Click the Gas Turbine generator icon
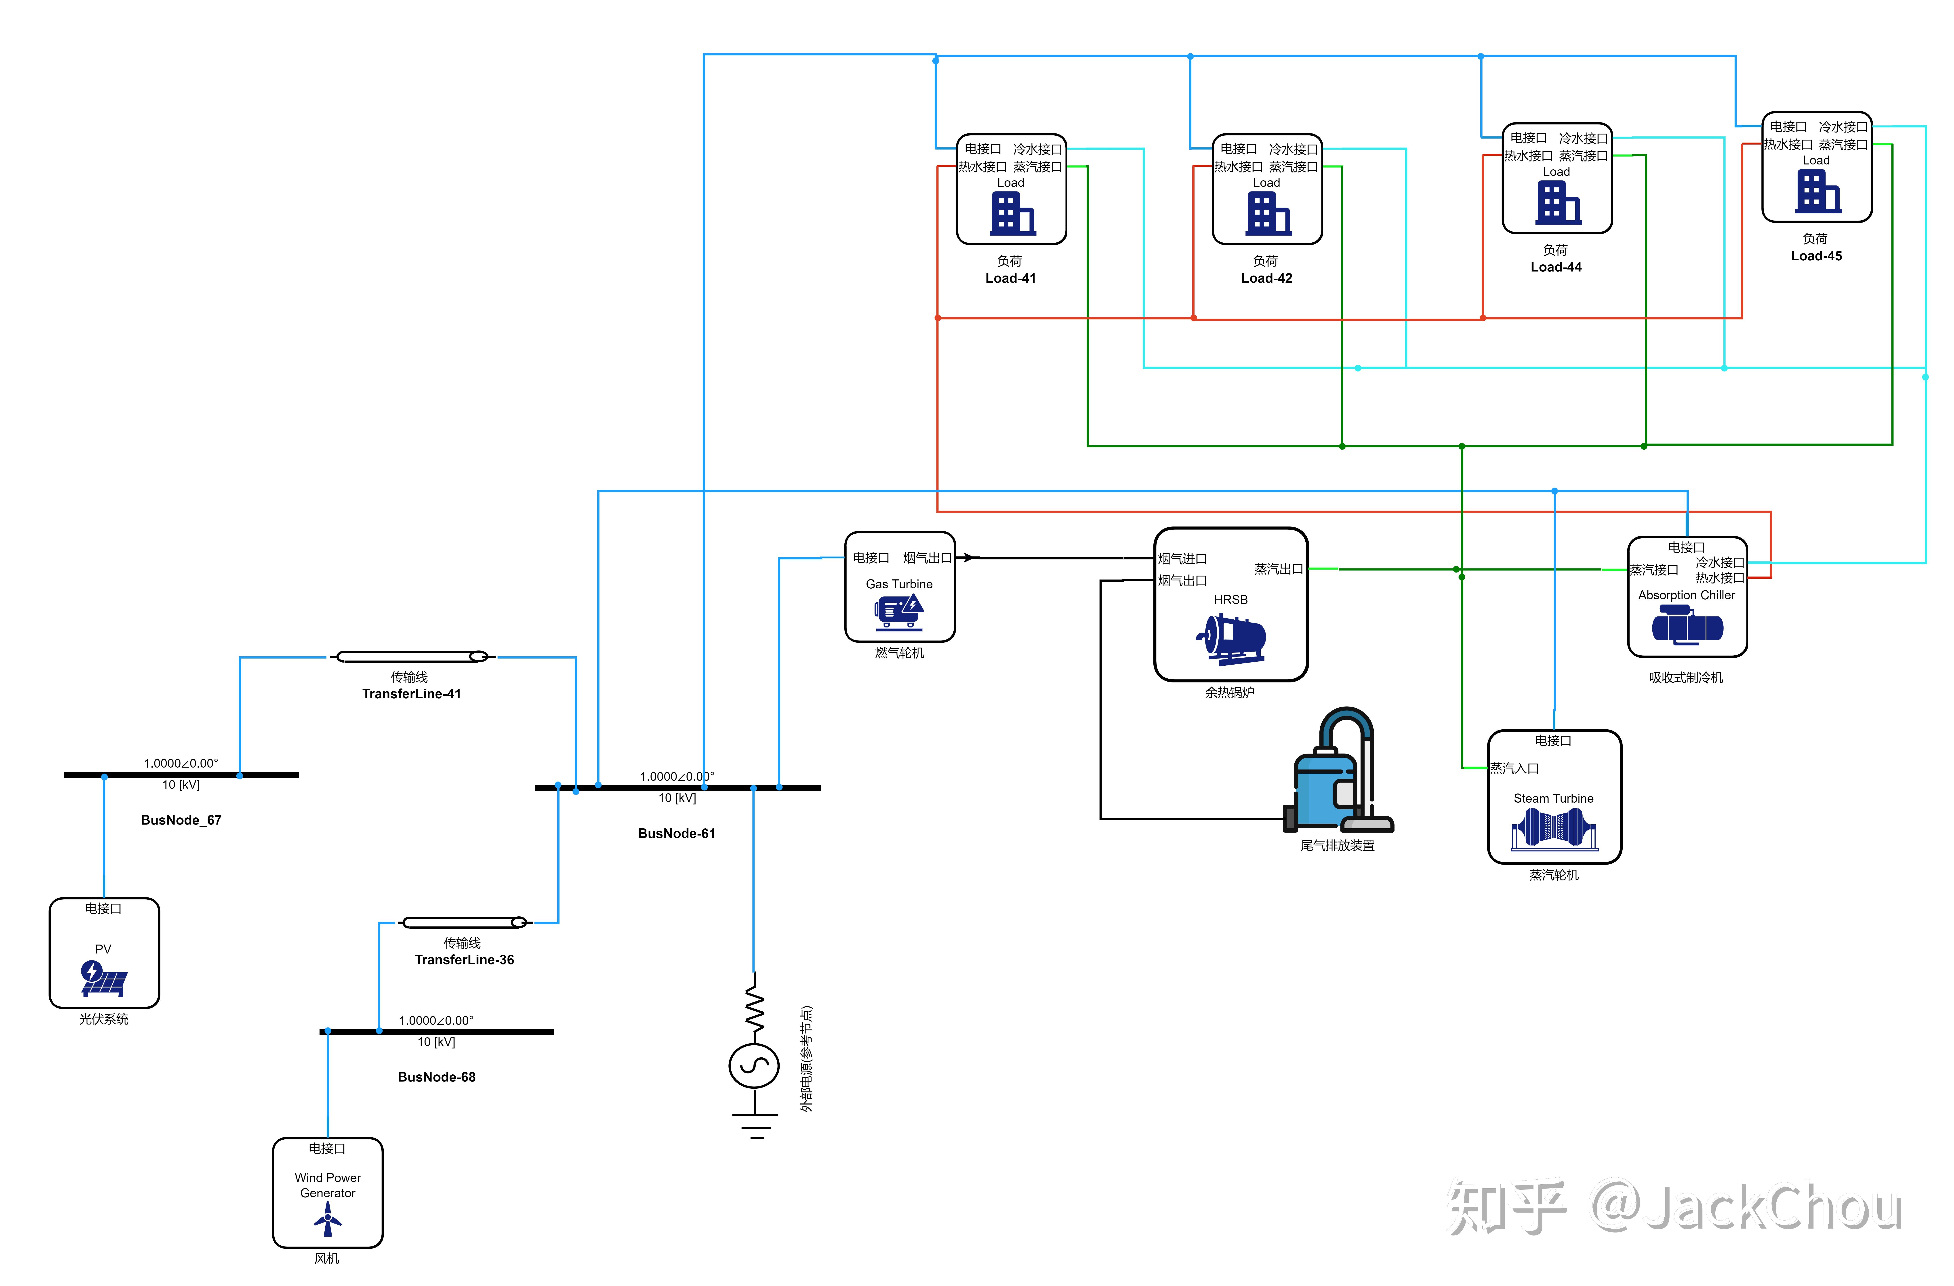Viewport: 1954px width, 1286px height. [899, 612]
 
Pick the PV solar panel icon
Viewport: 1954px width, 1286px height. [103, 978]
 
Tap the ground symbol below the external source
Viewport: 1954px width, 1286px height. [755, 1125]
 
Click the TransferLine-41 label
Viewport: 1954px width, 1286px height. [411, 694]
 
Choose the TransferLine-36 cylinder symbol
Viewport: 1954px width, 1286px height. [464, 922]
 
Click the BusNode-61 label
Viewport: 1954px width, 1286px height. [677, 833]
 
